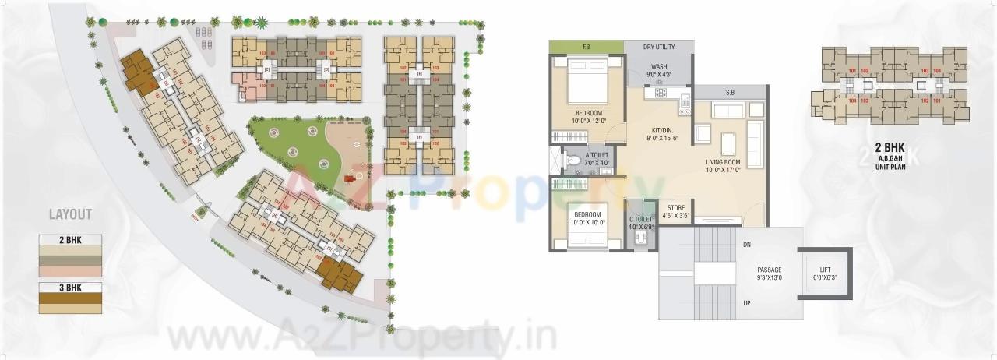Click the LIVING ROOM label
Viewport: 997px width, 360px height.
[724, 162]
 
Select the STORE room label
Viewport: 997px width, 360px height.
[675, 208]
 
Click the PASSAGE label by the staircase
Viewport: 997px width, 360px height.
[769, 270]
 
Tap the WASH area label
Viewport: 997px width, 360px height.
[659, 67]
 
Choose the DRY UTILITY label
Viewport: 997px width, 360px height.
[659, 47]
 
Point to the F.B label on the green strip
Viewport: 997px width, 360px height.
[586, 47]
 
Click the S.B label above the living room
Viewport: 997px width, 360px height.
[730, 93]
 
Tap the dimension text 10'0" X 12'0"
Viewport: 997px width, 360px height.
[589, 121]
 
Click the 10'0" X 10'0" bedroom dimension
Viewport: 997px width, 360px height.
[588, 222]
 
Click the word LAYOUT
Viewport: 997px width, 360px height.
[70, 214]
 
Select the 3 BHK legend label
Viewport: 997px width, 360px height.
[70, 287]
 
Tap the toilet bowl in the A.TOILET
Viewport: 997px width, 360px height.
[573, 161]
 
